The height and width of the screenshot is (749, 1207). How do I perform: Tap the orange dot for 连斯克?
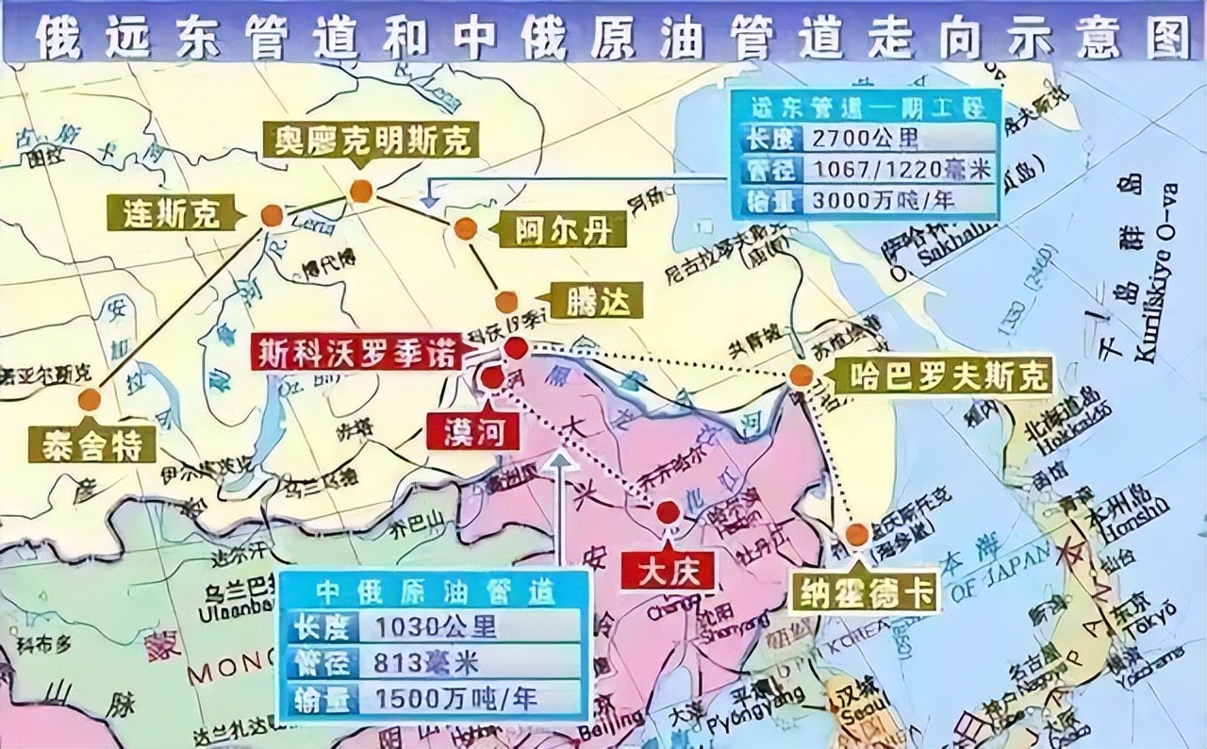click(x=272, y=216)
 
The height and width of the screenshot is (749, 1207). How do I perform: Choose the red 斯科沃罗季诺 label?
click(x=356, y=352)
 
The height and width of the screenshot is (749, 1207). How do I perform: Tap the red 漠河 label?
click(x=472, y=431)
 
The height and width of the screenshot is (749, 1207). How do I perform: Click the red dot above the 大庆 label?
click(x=668, y=513)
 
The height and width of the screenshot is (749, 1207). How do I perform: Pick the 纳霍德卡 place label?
click(x=866, y=591)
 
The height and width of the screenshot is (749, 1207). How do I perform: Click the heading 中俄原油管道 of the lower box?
click(x=436, y=591)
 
